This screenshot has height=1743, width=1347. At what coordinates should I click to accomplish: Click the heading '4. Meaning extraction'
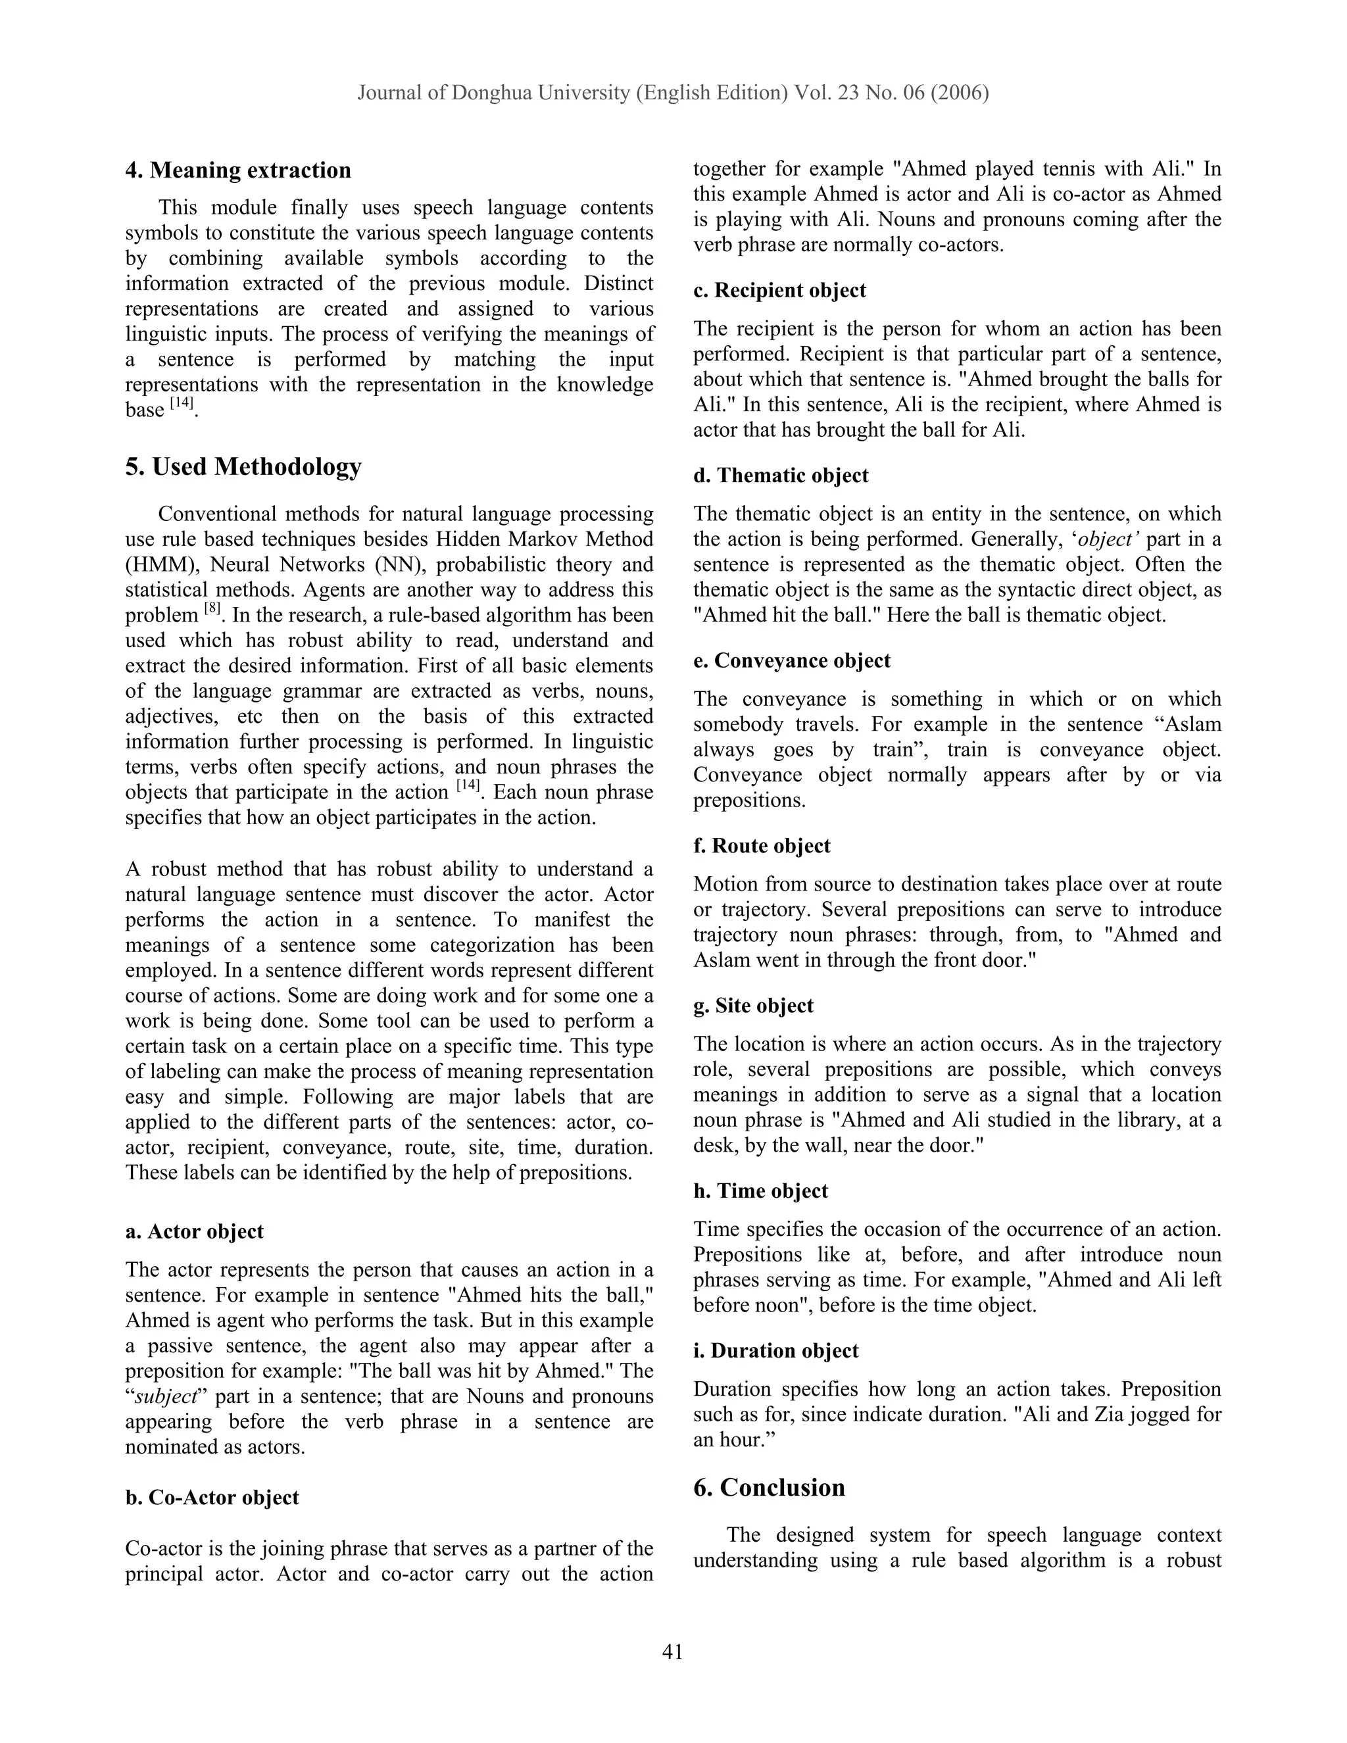[x=238, y=170]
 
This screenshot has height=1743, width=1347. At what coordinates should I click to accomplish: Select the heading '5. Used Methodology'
[x=243, y=466]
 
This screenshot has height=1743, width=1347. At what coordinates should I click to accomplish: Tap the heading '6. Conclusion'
[x=770, y=1488]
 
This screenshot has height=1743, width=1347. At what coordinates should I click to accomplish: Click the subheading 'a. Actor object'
[x=194, y=1231]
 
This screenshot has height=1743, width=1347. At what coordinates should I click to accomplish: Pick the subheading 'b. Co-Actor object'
[x=212, y=1497]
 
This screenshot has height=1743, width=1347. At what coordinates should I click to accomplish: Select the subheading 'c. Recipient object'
[x=779, y=291]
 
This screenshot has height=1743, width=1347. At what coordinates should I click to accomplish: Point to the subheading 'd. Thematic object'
[x=781, y=476]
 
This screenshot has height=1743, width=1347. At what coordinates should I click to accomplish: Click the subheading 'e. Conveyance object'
[x=792, y=661]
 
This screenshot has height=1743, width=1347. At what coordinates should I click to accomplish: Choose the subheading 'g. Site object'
[x=752, y=1006]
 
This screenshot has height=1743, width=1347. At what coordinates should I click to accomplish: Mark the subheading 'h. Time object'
[x=760, y=1191]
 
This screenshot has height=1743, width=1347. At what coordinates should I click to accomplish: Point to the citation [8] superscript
[x=212, y=608]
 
